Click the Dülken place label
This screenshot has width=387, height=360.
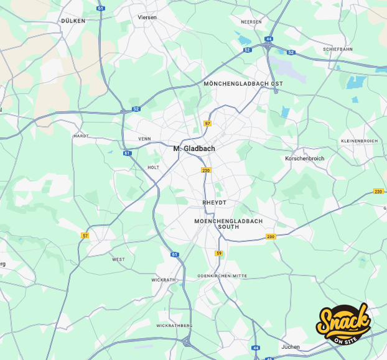73,21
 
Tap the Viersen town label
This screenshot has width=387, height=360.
147,17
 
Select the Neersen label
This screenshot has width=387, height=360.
251,21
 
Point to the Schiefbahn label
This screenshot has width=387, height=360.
338,48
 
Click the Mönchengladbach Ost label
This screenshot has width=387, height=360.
243,83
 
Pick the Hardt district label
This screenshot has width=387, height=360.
82,136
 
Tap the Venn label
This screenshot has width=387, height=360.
144,139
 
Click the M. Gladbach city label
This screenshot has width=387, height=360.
194,149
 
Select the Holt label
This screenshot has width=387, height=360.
153,167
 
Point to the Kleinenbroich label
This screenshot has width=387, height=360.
359,141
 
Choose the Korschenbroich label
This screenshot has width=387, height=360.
304,159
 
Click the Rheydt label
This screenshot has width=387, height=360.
215,203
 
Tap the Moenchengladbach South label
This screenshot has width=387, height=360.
228,224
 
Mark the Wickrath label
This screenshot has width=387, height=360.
164,280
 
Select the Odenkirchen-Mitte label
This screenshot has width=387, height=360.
222,275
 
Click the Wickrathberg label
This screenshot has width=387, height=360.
174,325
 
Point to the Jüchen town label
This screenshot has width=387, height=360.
291,347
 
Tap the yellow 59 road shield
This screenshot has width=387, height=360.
218,253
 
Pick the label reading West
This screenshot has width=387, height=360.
118,259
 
